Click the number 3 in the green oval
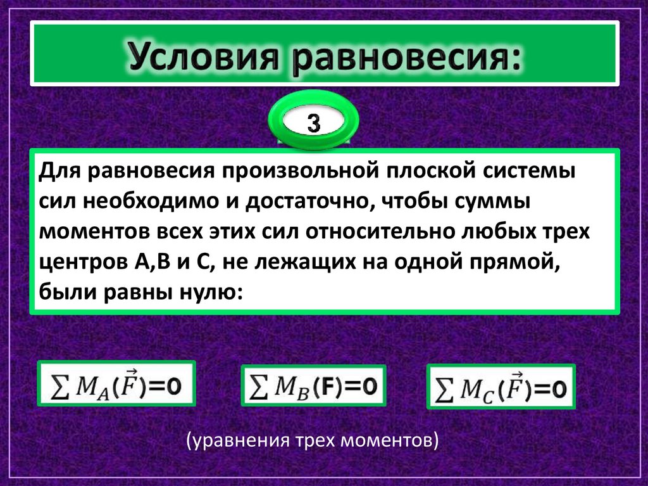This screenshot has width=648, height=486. [x=314, y=122]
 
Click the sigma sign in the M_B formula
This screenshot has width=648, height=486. [x=256, y=385]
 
